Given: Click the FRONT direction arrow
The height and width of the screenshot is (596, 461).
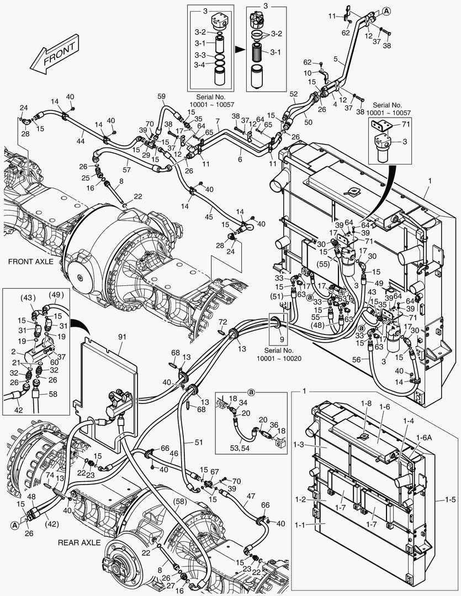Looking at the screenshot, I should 55,55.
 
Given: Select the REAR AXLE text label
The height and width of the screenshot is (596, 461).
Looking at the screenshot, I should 79,542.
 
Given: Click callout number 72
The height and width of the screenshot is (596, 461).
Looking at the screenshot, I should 222,322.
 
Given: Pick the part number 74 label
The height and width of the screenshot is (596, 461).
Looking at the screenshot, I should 50,475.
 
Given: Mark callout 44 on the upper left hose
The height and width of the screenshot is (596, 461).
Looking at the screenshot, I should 80,142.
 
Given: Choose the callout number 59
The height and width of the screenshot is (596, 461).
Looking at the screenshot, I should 161,97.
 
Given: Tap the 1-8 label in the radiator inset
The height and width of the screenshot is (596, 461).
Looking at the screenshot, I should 366,405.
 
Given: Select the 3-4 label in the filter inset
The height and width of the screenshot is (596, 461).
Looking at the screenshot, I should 200,65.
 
